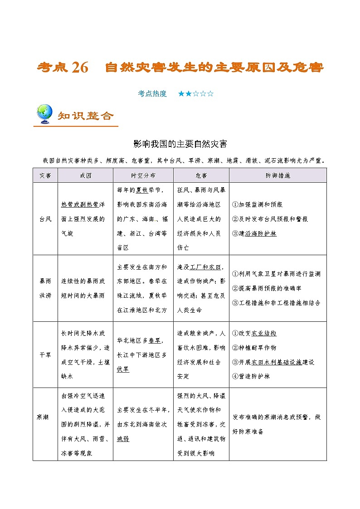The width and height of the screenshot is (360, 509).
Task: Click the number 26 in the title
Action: [x=79, y=68]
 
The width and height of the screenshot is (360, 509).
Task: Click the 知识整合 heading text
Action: [x=86, y=116]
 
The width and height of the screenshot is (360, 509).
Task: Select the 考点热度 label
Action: [x=152, y=94]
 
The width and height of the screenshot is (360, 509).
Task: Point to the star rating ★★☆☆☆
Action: [x=195, y=94]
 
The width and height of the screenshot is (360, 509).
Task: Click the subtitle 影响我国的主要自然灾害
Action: [x=180, y=144]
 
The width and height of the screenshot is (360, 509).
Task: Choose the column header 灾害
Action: [x=45, y=175]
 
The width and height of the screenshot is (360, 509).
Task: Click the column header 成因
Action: [x=85, y=175]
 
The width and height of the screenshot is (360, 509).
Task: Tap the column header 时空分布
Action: [x=143, y=175]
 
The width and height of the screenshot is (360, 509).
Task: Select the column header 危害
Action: [x=201, y=175]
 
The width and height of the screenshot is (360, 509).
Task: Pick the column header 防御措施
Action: [x=277, y=175]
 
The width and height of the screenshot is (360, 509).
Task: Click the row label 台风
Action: [x=45, y=219]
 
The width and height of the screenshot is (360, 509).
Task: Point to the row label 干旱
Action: [x=45, y=355]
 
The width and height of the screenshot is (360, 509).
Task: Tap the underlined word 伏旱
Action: [x=123, y=369]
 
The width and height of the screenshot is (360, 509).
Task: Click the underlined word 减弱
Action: [x=123, y=439]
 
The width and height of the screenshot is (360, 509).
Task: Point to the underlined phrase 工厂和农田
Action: [x=206, y=267]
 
